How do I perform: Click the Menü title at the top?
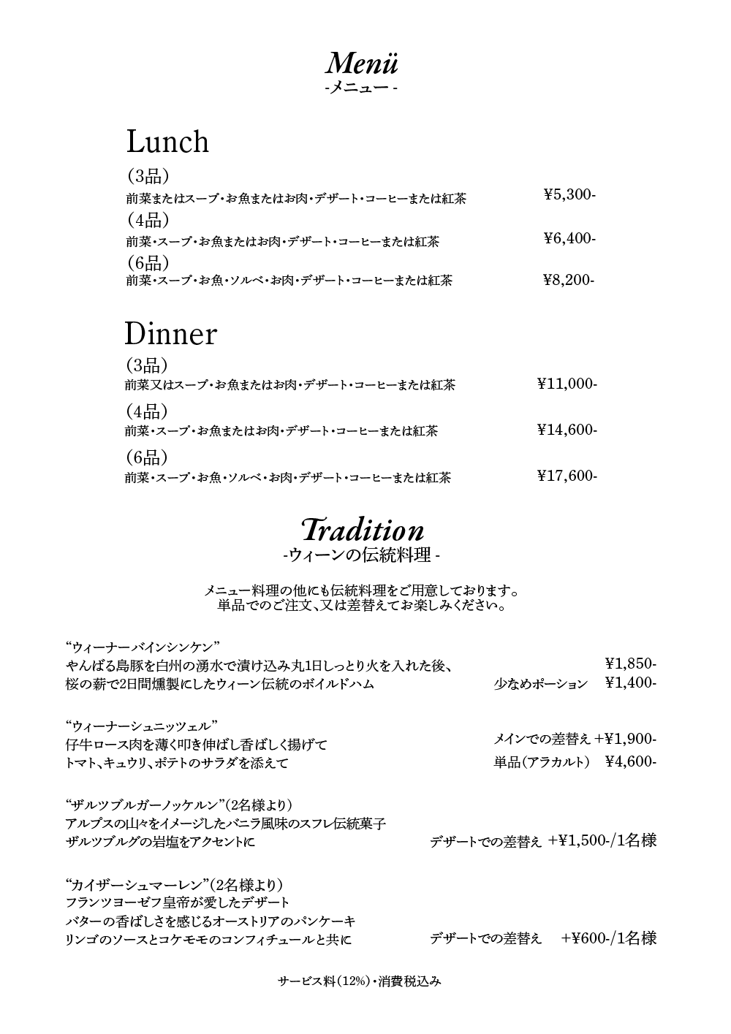[x=362, y=64]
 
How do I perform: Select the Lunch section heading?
[x=167, y=141]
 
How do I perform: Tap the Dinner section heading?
[x=170, y=333]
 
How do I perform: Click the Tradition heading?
[x=362, y=530]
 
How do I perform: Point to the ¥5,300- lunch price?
[x=570, y=194]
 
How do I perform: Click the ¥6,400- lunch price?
[x=570, y=238]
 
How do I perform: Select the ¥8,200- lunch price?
[x=569, y=280]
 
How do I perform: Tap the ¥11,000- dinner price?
[x=567, y=384]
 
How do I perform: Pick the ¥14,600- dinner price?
[x=567, y=430]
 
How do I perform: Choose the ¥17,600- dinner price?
[x=567, y=476]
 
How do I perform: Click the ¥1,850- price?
[x=631, y=664]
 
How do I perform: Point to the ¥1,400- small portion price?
[x=631, y=683]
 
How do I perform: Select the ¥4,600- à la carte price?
[x=631, y=761]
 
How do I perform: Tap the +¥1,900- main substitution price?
[x=626, y=739]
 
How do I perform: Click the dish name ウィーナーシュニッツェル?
[x=142, y=726]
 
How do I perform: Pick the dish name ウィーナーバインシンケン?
[x=143, y=647]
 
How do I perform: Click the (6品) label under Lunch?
[x=148, y=262]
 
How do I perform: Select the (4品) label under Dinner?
[x=146, y=411]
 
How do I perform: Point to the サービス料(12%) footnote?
[x=327, y=981]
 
